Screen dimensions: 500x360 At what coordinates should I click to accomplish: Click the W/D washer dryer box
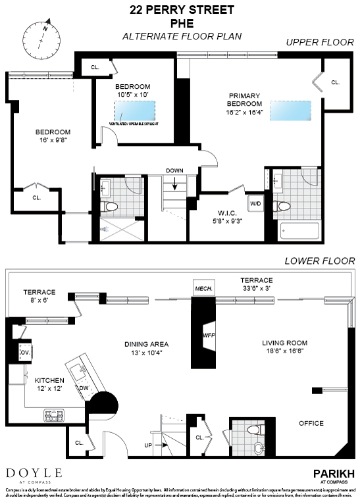[x=255, y=204]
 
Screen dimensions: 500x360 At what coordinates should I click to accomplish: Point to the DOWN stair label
[x=175, y=170]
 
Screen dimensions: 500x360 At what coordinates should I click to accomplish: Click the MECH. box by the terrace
[x=201, y=288]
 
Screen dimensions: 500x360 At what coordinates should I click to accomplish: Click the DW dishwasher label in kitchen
[x=84, y=387]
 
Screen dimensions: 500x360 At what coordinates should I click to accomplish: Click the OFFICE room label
[x=311, y=423]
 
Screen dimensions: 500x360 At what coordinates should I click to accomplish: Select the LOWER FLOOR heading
[x=319, y=261]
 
